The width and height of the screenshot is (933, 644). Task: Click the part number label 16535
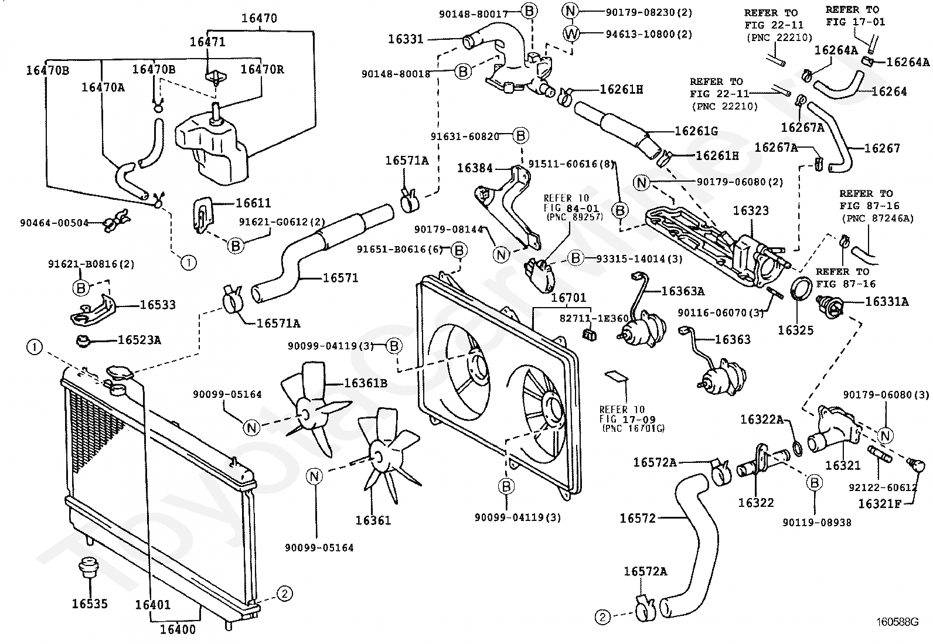(90, 604)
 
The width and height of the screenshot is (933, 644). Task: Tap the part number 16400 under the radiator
(178, 629)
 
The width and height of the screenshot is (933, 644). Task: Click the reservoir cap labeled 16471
(216, 76)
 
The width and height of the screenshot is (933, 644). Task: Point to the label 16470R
(262, 69)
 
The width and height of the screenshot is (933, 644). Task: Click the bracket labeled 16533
(94, 312)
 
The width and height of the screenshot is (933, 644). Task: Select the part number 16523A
(139, 340)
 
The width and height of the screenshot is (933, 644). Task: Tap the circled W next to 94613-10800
(571, 34)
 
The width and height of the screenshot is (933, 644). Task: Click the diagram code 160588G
(897, 622)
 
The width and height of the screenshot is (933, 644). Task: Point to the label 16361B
(365, 383)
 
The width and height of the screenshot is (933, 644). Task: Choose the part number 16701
(568, 298)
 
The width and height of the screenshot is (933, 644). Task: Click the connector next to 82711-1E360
(589, 334)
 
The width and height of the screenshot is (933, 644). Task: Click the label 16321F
(880, 504)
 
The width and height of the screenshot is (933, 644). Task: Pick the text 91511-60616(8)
(571, 164)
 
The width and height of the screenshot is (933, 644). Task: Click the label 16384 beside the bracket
(475, 168)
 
